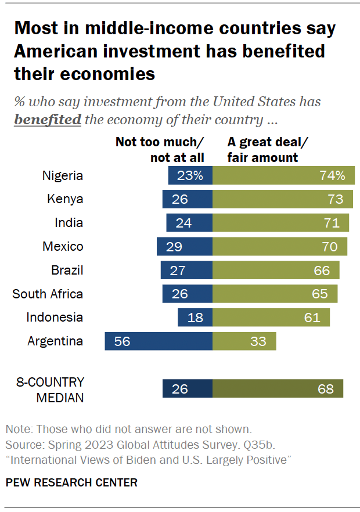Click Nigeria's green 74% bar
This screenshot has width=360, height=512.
[x=283, y=175]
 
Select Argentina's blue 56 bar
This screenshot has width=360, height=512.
[x=159, y=341]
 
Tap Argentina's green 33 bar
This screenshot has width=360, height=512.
[x=244, y=341]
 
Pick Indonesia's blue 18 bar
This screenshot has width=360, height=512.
[x=195, y=318]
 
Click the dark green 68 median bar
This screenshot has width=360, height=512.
[x=278, y=388]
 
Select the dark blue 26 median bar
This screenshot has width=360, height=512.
[x=188, y=388]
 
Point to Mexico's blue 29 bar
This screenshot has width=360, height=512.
[x=185, y=247]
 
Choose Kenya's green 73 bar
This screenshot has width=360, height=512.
[x=283, y=199]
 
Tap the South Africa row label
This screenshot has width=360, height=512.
[x=48, y=294]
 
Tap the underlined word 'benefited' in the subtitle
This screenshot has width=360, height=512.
[x=48, y=120]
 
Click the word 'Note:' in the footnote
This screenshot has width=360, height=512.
[x=19, y=430]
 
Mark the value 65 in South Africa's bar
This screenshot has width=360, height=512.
[x=320, y=294]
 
